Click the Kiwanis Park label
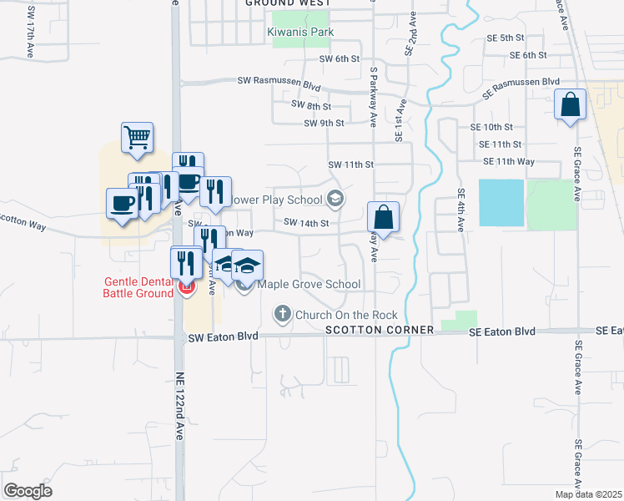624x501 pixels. (300, 33)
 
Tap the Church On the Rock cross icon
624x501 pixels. (282, 315)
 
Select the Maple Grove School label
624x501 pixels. (309, 285)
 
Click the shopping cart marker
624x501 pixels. (137, 138)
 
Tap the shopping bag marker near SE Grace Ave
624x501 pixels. (571, 106)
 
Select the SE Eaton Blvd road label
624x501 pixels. (501, 331)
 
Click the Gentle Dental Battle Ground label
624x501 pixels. (138, 287)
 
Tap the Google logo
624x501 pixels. (28, 491)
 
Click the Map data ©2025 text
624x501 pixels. (587, 494)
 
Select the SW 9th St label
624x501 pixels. (325, 123)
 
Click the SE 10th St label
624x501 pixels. (491, 127)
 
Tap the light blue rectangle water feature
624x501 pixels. (501, 202)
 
